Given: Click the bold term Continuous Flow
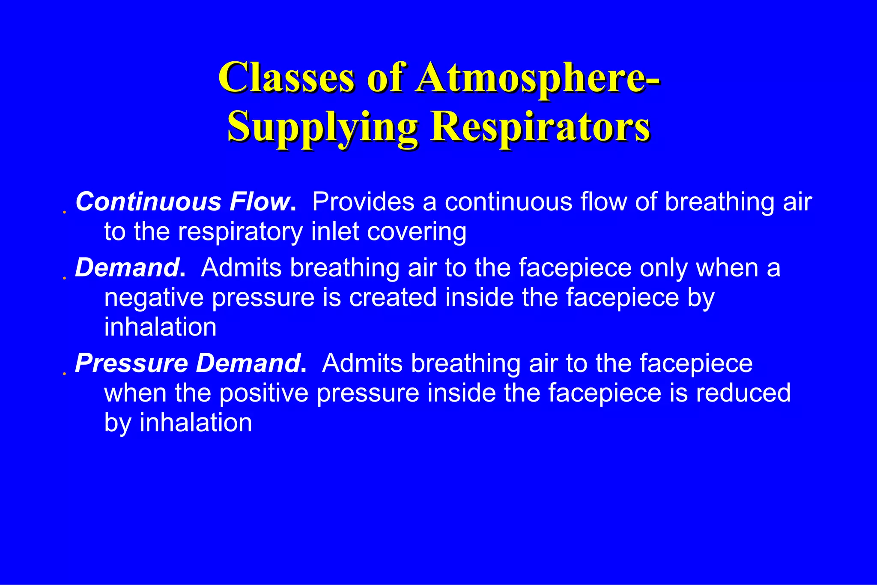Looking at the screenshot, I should coord(183,201).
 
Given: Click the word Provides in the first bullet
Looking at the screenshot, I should coord(363,201).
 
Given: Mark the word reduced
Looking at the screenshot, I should coord(743,393).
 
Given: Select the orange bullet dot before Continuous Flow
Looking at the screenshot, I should coord(64,212).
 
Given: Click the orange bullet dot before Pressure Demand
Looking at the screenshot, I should coord(64,374).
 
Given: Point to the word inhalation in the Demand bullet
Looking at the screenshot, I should coord(161,327).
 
